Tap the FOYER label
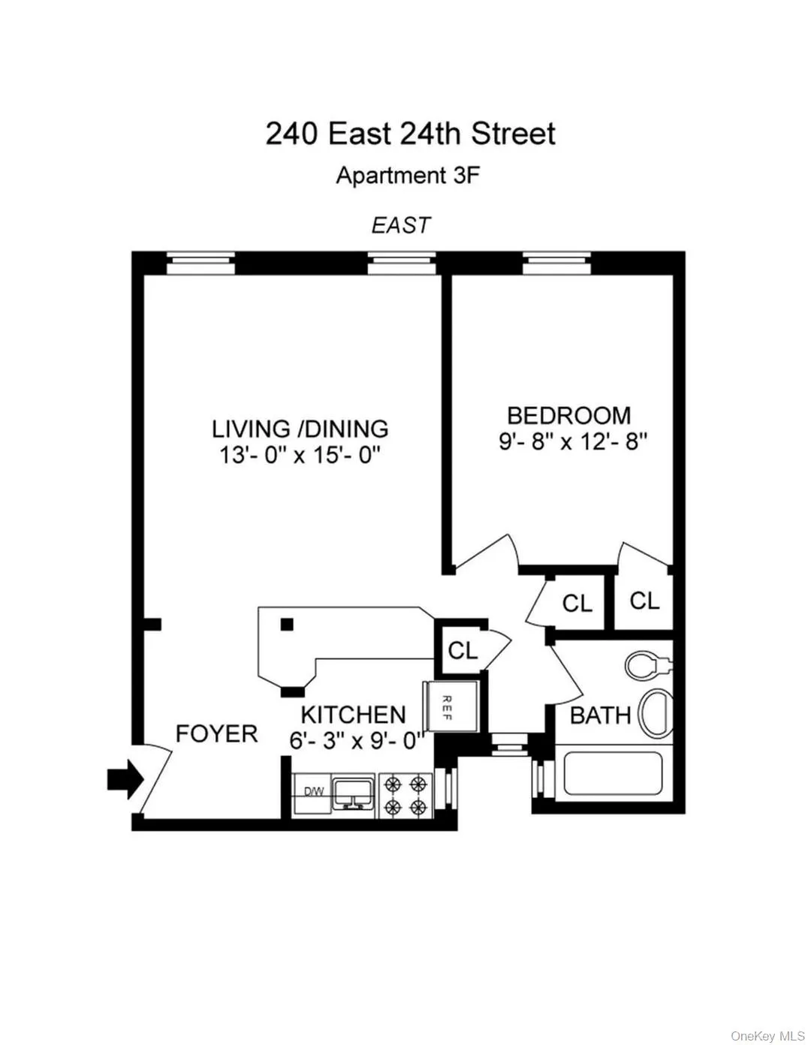[x=216, y=733]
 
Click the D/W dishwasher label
[x=312, y=791]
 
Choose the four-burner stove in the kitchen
[x=405, y=797]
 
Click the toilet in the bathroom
[x=647, y=664]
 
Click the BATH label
[x=600, y=715]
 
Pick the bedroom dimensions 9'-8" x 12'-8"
[x=572, y=441]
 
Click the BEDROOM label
[x=568, y=415]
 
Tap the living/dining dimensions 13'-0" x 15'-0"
[x=300, y=454]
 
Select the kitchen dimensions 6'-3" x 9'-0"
[x=357, y=739]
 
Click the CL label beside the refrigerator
[x=463, y=650]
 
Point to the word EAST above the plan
[x=401, y=225]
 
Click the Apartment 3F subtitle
[x=407, y=176]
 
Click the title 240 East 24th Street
[x=410, y=134]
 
